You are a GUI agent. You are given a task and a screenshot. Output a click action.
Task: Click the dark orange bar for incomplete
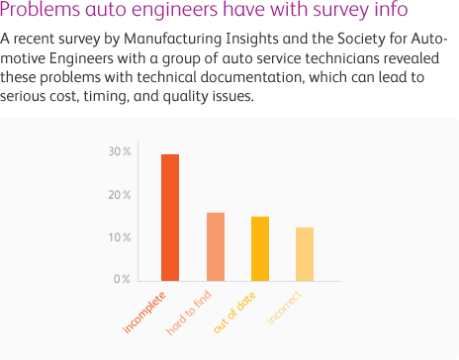[170, 218]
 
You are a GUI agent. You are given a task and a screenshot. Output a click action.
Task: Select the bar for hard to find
[216, 247]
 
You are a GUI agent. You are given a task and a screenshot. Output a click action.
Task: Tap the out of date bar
[260, 249]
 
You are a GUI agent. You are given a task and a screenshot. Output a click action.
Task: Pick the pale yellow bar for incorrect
[305, 254]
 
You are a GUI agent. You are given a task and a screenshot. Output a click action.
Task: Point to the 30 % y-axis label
[120, 151]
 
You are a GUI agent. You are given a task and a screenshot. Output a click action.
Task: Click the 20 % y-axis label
[120, 195]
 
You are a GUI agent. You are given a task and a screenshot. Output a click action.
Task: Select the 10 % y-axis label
[120, 237]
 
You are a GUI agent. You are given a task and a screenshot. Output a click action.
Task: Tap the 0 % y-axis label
[122, 279]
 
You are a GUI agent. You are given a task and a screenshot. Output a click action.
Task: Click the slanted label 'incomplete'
[144, 313]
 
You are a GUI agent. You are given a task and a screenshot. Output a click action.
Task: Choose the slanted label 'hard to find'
[188, 313]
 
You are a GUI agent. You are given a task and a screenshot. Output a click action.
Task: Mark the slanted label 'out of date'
[234, 313]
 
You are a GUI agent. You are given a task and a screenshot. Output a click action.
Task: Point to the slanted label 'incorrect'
[284, 308]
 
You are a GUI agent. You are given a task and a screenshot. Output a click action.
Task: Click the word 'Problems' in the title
[40, 9]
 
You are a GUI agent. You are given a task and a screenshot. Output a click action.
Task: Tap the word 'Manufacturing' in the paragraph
[173, 39]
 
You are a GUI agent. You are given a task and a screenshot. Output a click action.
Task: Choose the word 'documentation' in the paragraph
[252, 77]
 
